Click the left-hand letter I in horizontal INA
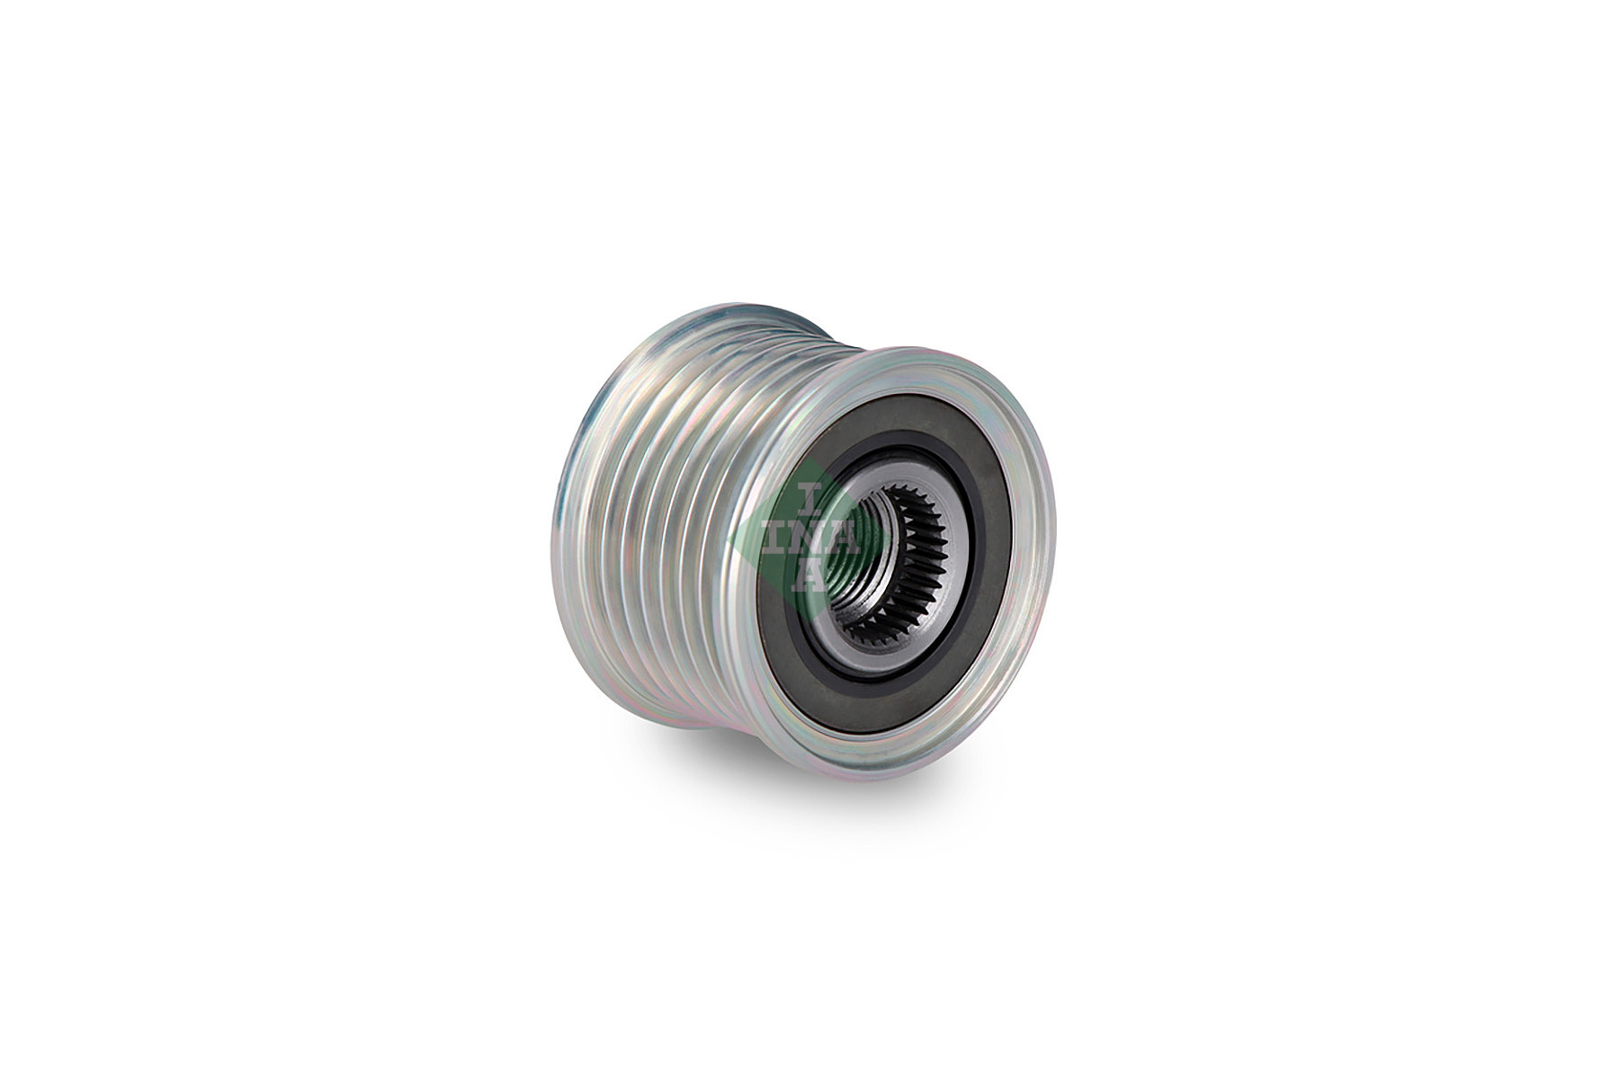773,539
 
